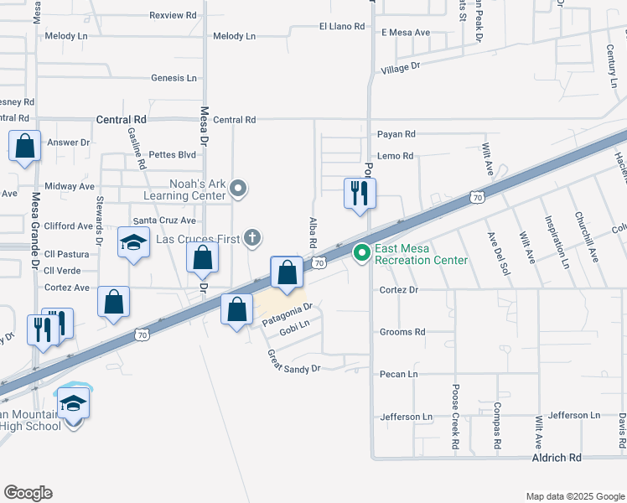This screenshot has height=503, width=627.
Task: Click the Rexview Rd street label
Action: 173,15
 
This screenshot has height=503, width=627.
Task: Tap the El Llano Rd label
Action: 342,27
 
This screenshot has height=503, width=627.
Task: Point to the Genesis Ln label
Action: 174,78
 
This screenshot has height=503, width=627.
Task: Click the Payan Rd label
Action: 396,134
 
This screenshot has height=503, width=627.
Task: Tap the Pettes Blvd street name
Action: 172,155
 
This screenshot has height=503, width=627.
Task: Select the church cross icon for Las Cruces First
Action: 251,239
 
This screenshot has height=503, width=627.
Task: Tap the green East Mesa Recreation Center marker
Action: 362,251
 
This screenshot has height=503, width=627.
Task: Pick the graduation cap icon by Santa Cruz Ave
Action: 133,243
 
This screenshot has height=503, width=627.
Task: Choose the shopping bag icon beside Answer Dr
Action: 25,146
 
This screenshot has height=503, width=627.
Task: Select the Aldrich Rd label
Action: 557,459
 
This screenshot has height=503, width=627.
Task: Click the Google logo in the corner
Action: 28,493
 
